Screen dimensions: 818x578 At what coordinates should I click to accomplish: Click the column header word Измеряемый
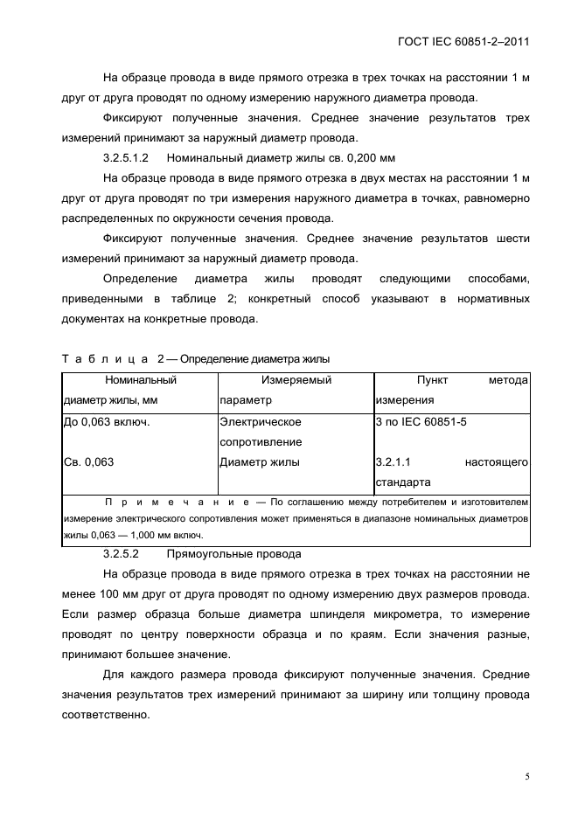click(296, 380)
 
